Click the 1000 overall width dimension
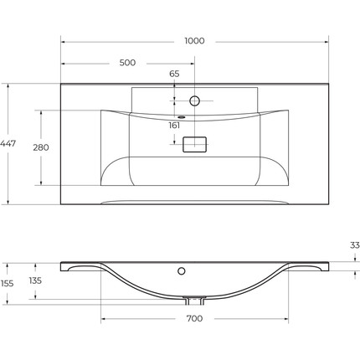194,41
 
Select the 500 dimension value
127,63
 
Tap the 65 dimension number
174,74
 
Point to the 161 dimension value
174,126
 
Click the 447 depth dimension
8,143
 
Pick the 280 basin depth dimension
41,147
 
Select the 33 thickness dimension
355,245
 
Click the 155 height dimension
7,284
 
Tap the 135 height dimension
35,280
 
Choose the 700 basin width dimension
194,318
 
